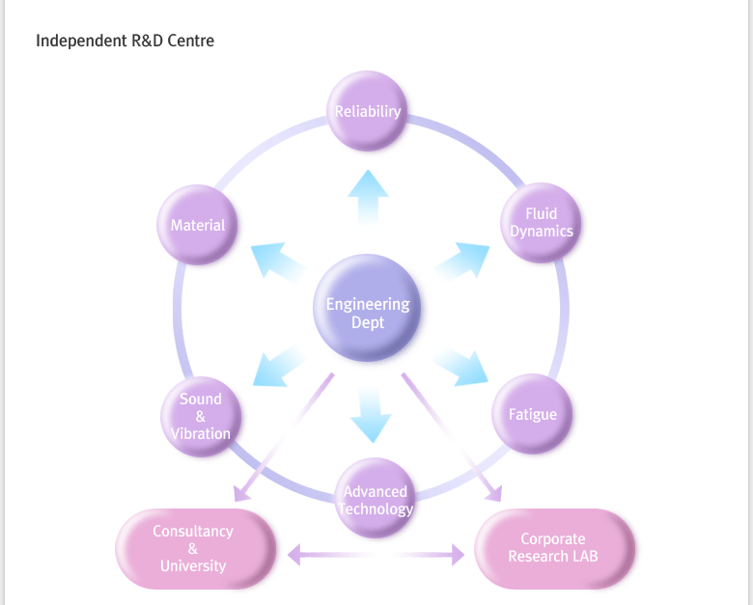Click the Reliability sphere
pyautogui.click(x=367, y=111)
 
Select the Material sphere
pyautogui.click(x=198, y=225)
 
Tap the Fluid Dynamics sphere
pyautogui.click(x=542, y=223)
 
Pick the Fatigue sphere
pyautogui.click(x=532, y=415)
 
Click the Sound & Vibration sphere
pyautogui.click(x=201, y=417)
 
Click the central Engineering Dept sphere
pyautogui.click(x=368, y=312)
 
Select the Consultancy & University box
pyautogui.click(x=193, y=548)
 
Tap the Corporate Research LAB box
pyautogui.click(x=553, y=548)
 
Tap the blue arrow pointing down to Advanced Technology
pyautogui.click(x=369, y=415)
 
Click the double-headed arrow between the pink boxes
pyautogui.click(x=376, y=554)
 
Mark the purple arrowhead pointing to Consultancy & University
pyautogui.click(x=242, y=492)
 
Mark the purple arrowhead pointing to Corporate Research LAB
pyautogui.click(x=493, y=493)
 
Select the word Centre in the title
pyautogui.click(x=191, y=41)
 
